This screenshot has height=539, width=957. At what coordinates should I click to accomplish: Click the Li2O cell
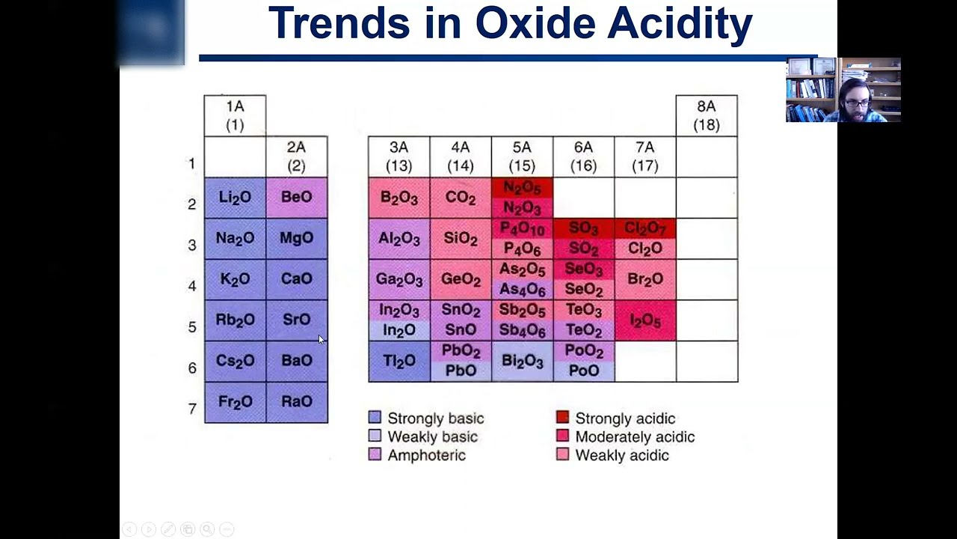pyautogui.click(x=235, y=198)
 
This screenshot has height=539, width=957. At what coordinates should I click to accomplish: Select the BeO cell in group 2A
pyautogui.click(x=296, y=198)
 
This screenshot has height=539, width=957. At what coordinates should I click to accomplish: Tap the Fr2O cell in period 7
pyautogui.click(x=235, y=402)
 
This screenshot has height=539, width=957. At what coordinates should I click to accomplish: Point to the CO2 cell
pyautogui.click(x=460, y=198)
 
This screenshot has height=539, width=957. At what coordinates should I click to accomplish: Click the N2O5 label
pyautogui.click(x=522, y=188)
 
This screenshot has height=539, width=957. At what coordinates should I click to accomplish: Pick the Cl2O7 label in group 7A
pyautogui.click(x=644, y=228)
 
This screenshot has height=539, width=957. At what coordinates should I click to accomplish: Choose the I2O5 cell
pyautogui.click(x=644, y=320)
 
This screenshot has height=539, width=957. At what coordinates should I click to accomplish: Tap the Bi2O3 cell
pyautogui.click(x=522, y=362)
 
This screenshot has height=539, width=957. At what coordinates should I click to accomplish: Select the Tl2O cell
pyautogui.click(x=399, y=362)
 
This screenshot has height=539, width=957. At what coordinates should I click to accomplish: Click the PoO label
pyautogui.click(x=583, y=371)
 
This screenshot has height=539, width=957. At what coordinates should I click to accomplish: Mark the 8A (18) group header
pyautogui.click(x=706, y=115)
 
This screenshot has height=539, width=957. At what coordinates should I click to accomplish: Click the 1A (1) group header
pyautogui.click(x=235, y=115)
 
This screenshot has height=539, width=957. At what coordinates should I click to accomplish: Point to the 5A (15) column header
pyautogui.click(x=522, y=156)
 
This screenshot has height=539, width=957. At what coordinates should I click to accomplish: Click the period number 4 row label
pyautogui.click(x=192, y=286)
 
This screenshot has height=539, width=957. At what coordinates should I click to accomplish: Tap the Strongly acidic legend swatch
pyautogui.click(x=562, y=418)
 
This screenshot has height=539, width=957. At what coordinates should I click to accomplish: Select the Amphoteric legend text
pyautogui.click(x=426, y=455)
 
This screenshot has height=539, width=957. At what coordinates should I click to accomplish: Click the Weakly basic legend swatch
pyautogui.click(x=375, y=436)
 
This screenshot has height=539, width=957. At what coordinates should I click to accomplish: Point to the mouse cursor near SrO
pyautogui.click(x=321, y=339)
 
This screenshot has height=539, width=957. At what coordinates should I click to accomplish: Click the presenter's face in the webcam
pyautogui.click(x=853, y=97)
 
